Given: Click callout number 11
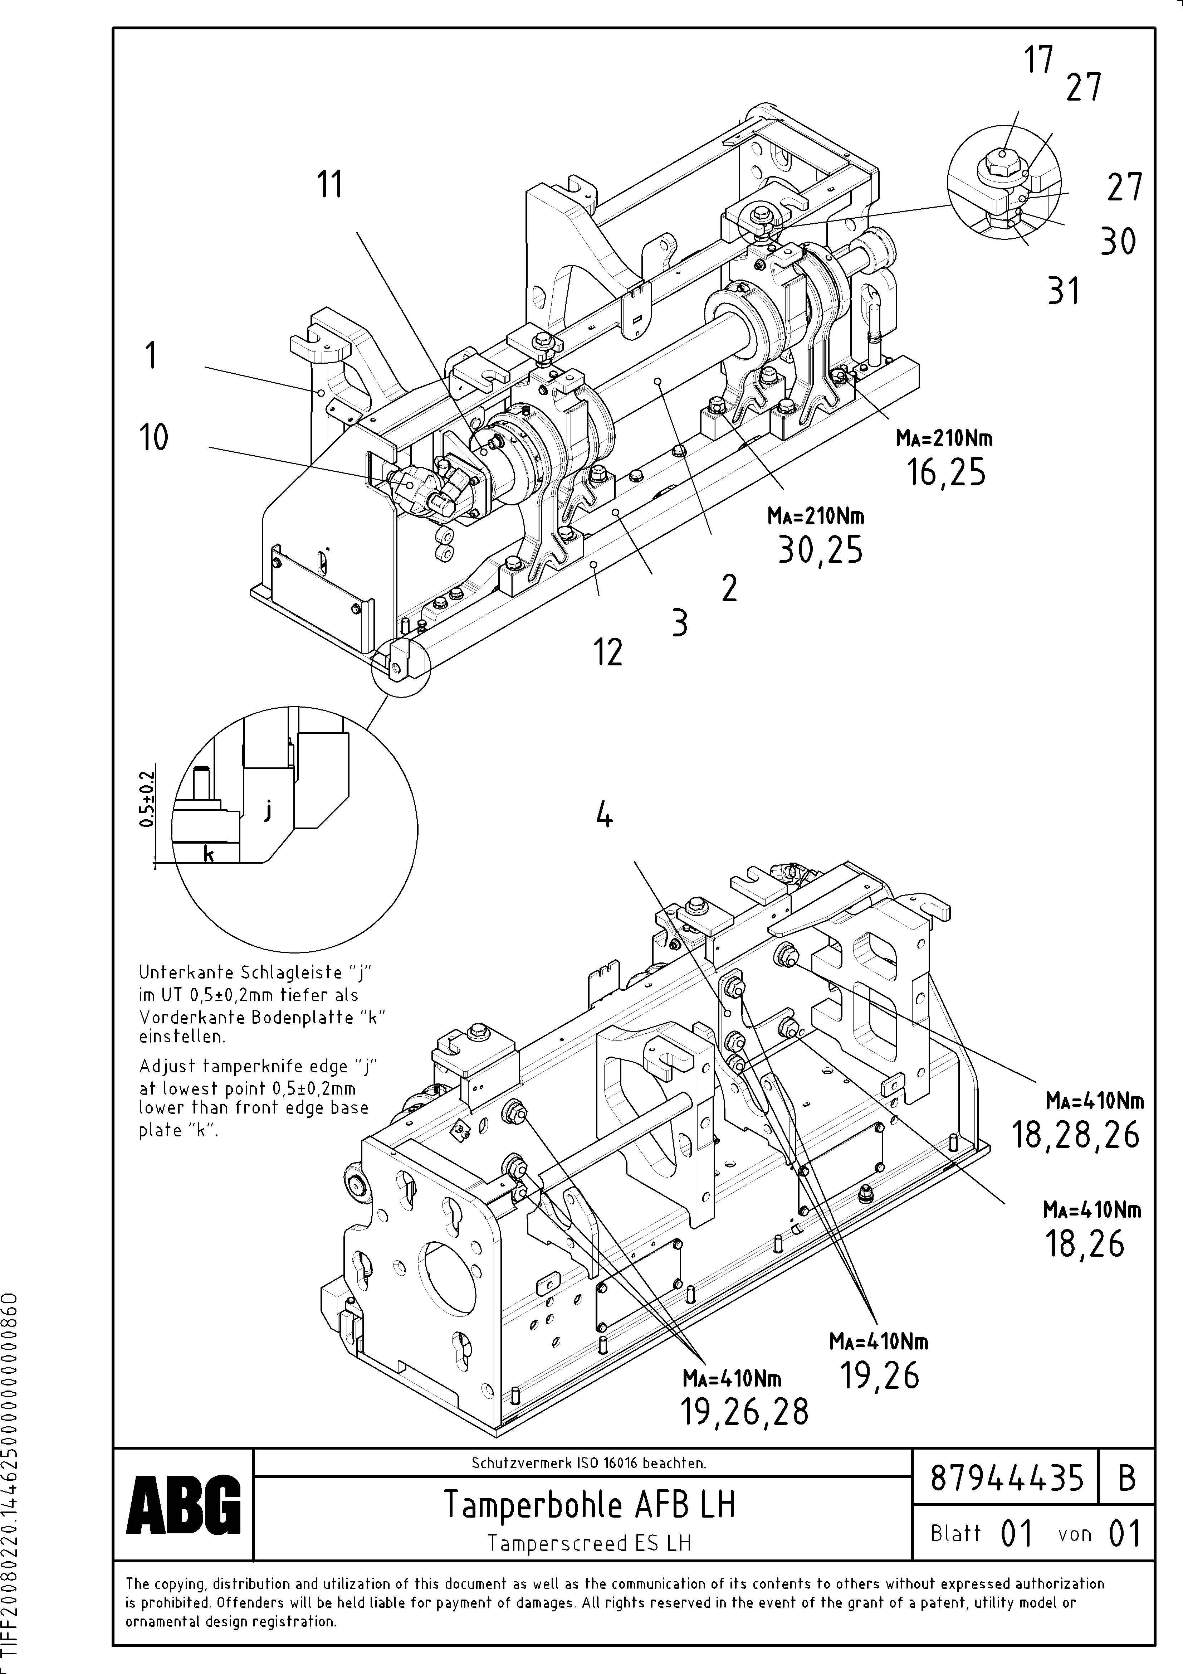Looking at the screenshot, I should coord(329,184).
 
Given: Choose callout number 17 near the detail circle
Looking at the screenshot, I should coord(1039,60).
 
